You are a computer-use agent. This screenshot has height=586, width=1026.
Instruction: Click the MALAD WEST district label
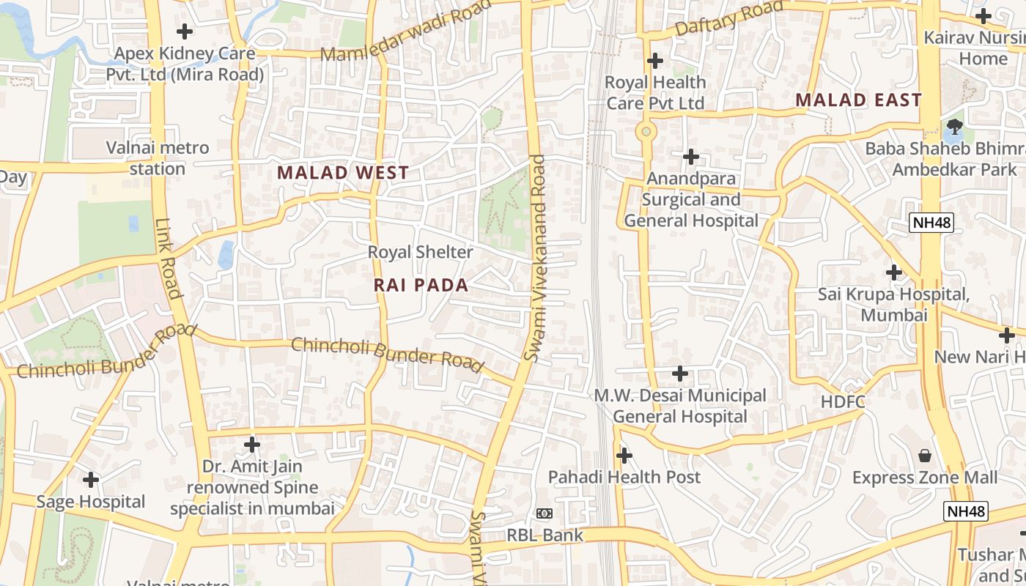[343, 173]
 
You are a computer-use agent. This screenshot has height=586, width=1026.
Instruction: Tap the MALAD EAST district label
[858, 100]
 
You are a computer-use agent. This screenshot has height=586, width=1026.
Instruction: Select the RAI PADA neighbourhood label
[421, 286]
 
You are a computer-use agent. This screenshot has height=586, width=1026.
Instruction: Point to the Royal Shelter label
[420, 252]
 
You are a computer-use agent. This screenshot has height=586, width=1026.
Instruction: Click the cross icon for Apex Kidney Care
[185, 31]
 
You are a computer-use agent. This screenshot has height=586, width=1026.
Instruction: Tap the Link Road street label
[168, 259]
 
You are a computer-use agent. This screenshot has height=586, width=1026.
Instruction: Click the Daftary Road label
[729, 19]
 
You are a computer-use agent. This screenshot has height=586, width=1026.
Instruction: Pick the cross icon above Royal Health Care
[655, 60]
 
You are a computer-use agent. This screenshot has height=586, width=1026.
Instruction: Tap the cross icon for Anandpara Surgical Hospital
[690, 157]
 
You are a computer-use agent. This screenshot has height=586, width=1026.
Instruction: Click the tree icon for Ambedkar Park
[954, 127]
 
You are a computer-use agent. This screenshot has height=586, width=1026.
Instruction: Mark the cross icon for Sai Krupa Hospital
[893, 272]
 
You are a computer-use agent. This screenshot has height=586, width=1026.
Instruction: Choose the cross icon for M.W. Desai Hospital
[679, 374]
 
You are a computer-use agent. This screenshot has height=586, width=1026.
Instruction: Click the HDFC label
[843, 401]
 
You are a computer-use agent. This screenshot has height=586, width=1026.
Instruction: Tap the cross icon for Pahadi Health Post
[624, 456]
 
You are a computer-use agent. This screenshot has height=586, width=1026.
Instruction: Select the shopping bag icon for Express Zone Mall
[925, 456]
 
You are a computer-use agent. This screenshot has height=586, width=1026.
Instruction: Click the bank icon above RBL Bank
[544, 513]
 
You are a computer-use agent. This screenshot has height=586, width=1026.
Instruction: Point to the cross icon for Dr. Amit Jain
[252, 445]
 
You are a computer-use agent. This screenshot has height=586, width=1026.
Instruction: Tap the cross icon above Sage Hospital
[91, 480]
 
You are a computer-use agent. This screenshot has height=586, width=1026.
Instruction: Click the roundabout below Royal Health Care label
[646, 132]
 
